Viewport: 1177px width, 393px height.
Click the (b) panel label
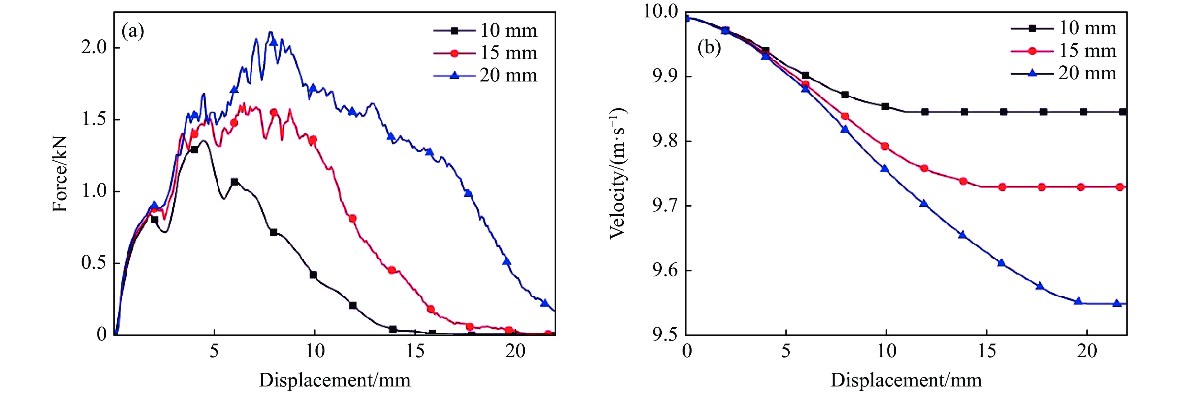tap(709, 48)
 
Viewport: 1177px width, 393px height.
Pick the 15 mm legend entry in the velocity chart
tap(1065, 51)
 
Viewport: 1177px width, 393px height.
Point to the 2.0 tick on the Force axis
tap(94, 48)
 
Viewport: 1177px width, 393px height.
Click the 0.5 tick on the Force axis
tap(94, 263)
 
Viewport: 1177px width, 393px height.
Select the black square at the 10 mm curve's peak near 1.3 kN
tap(194, 149)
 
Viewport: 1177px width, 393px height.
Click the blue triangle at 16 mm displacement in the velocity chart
tap(1001, 263)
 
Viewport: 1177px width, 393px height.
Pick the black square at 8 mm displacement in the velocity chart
tap(845, 95)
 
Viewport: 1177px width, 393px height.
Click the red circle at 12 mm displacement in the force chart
tap(352, 218)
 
